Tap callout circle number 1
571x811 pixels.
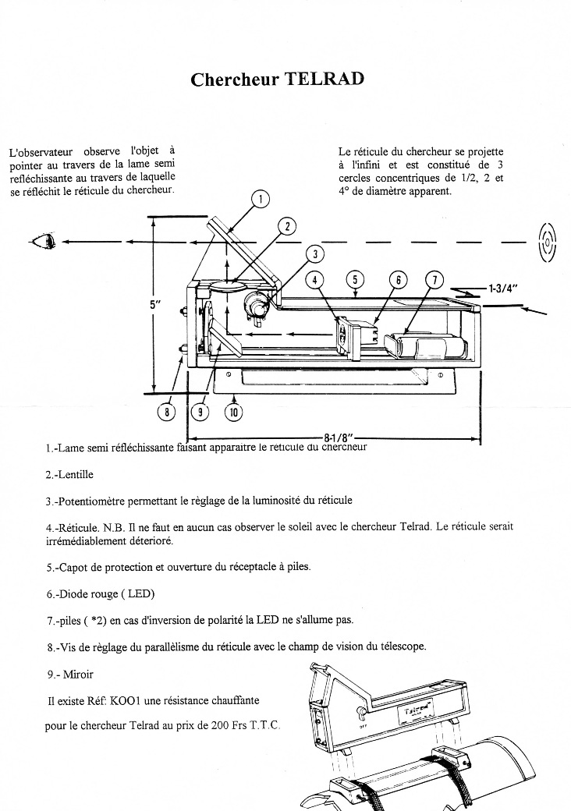(261, 199)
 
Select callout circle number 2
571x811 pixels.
(287, 226)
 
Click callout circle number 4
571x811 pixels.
(315, 280)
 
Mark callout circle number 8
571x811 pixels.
(166, 411)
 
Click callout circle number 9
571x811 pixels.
(201, 411)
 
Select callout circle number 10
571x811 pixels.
(233, 411)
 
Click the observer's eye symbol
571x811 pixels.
(42, 241)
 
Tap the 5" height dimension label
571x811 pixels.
(154, 306)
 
